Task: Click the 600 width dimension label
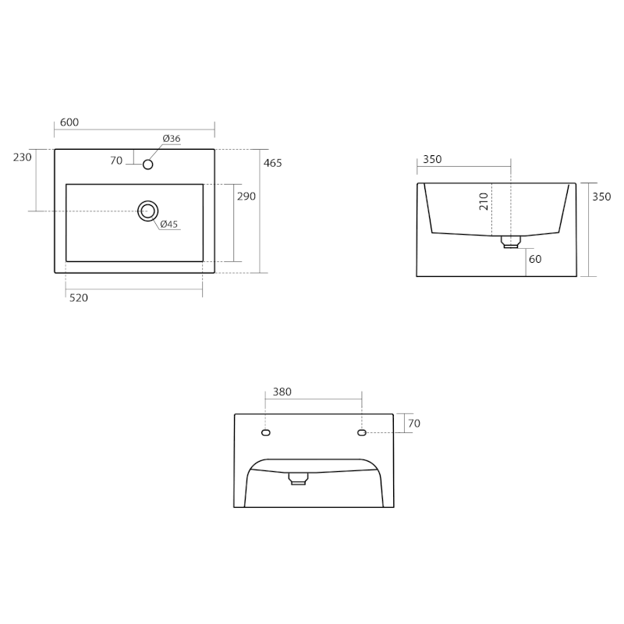(69, 122)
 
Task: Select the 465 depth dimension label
(272, 163)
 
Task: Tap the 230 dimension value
(23, 158)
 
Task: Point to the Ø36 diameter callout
(172, 139)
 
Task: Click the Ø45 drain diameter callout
(169, 225)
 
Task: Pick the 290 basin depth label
(246, 197)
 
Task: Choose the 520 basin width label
(79, 298)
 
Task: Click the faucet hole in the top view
(147, 165)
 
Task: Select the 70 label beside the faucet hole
(116, 161)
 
